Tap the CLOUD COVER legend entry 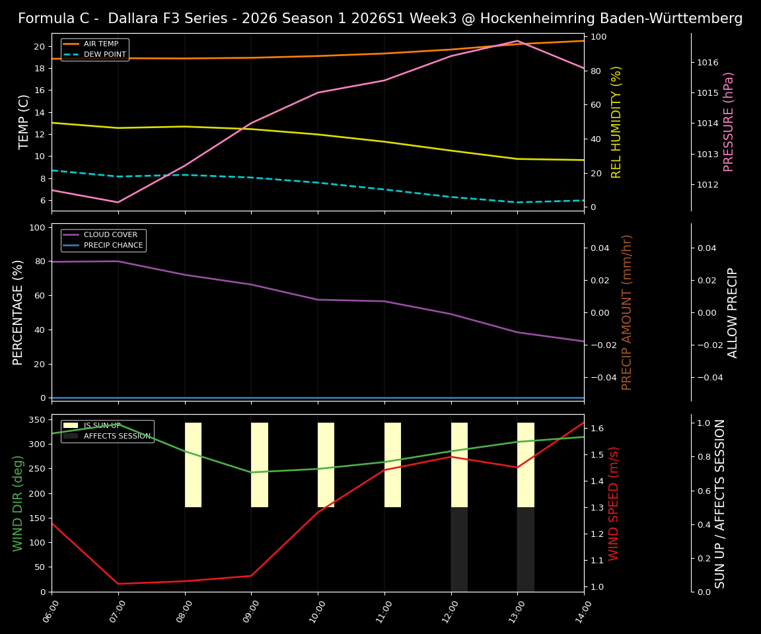(x=110, y=235)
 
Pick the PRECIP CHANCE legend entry (x=113, y=246)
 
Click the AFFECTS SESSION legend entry (x=117, y=437)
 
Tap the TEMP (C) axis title (x=24, y=122)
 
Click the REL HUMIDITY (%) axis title (x=616, y=122)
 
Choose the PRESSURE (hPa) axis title (x=729, y=122)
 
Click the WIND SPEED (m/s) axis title (x=614, y=503)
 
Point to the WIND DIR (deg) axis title (x=18, y=503)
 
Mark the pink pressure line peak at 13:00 (x=517, y=41)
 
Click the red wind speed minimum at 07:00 (x=118, y=583)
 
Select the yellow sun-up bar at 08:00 (x=193, y=465)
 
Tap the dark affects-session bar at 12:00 (x=459, y=549)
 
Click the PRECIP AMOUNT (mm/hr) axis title (x=627, y=312)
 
